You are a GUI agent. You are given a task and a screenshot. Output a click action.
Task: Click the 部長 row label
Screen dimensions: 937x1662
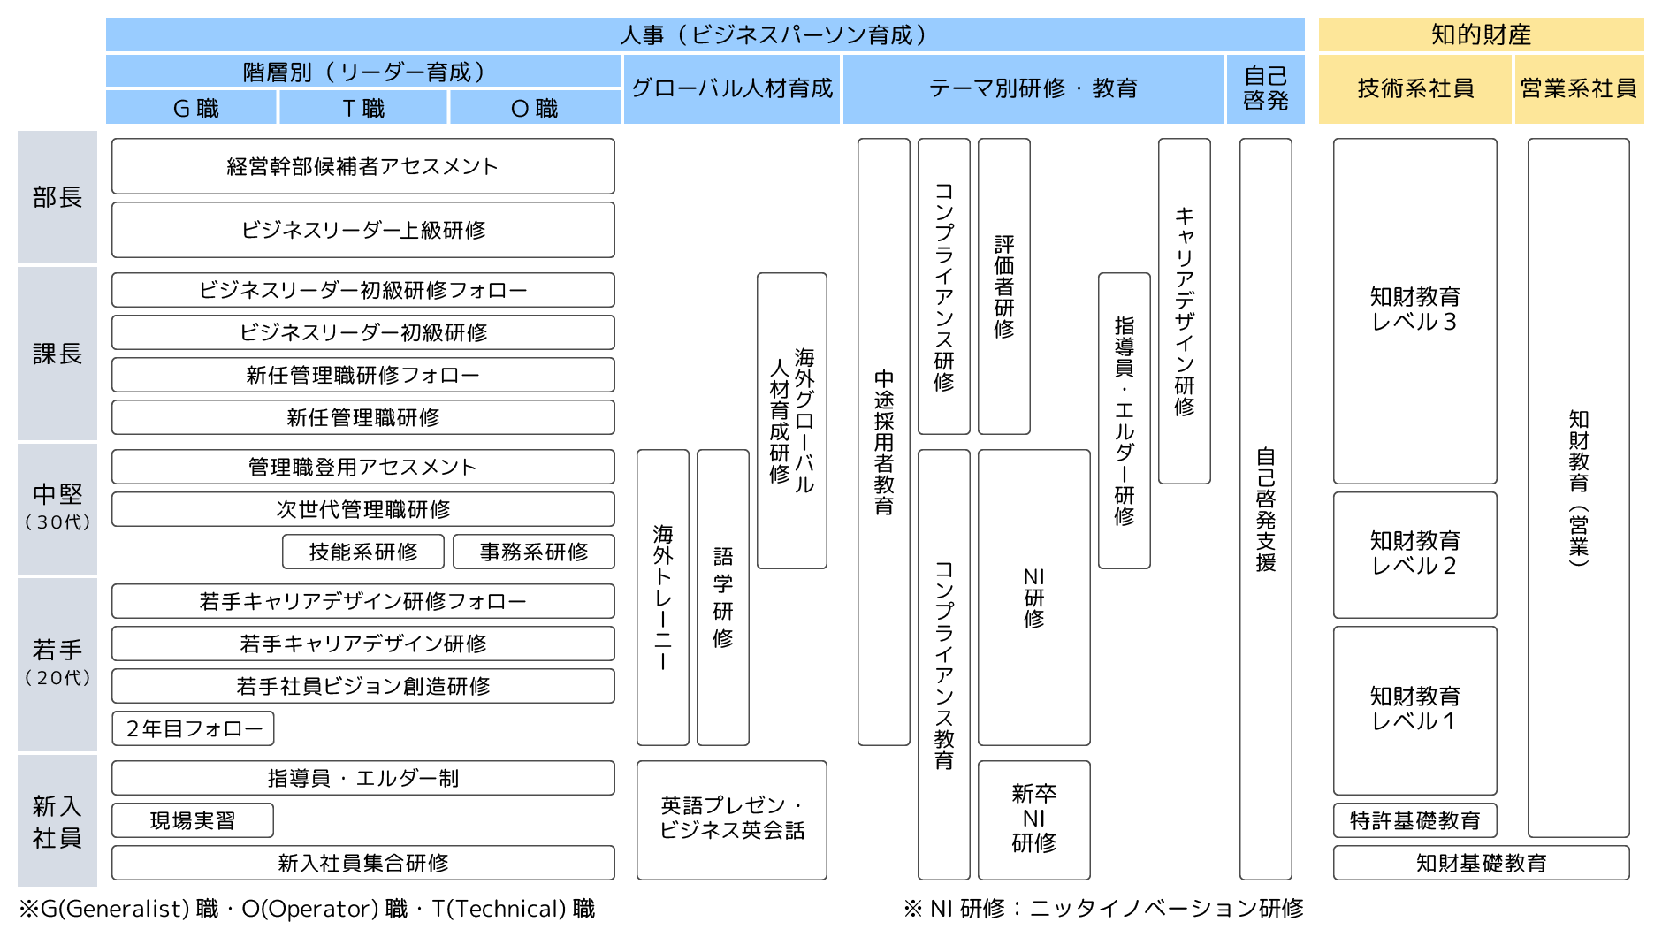pyautogui.click(x=57, y=197)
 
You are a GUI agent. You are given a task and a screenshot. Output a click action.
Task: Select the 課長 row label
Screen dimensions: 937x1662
pyautogui.click(x=57, y=354)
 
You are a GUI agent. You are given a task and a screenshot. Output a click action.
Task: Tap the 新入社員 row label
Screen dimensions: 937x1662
pyautogui.click(x=57, y=821)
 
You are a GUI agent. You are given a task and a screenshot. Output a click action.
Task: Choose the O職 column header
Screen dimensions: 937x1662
pyautogui.click(x=535, y=108)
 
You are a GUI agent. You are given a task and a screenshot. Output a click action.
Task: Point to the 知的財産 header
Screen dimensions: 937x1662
pyautogui.click(x=1481, y=34)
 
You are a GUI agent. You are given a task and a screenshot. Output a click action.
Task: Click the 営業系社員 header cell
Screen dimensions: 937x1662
pyautogui.click(x=1579, y=88)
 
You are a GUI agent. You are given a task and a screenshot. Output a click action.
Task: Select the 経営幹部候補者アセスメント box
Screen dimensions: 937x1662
pyautogui.click(x=362, y=166)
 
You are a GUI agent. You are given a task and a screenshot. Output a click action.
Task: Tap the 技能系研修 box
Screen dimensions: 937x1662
pyautogui.click(x=362, y=552)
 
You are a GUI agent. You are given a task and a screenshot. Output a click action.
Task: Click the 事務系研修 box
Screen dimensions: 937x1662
pyautogui.click(x=533, y=552)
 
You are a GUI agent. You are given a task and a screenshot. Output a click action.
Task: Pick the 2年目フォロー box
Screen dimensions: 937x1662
pyautogui.click(x=193, y=728)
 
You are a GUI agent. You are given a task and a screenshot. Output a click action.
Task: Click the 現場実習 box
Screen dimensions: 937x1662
pyautogui.click(x=193, y=820)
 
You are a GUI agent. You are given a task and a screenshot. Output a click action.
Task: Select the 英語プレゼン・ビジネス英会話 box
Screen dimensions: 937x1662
pyautogui.click(x=732, y=819)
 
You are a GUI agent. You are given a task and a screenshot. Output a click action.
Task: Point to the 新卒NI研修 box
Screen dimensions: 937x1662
pyautogui.click(x=1033, y=819)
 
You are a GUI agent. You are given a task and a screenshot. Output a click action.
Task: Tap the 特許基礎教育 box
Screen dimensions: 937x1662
pyautogui.click(x=1414, y=820)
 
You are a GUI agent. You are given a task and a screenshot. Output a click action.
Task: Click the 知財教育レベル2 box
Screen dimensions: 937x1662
pyautogui.click(x=1414, y=554)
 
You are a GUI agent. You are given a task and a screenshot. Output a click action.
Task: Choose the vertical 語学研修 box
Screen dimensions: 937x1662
pyautogui.click(x=723, y=598)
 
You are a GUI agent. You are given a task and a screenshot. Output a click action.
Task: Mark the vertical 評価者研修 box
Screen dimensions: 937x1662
pyautogui.click(x=1004, y=286)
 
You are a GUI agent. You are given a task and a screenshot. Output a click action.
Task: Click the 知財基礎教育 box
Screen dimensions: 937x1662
pyautogui.click(x=1481, y=863)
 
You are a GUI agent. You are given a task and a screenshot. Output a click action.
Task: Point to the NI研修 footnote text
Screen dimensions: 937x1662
pyautogui.click(x=1103, y=909)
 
